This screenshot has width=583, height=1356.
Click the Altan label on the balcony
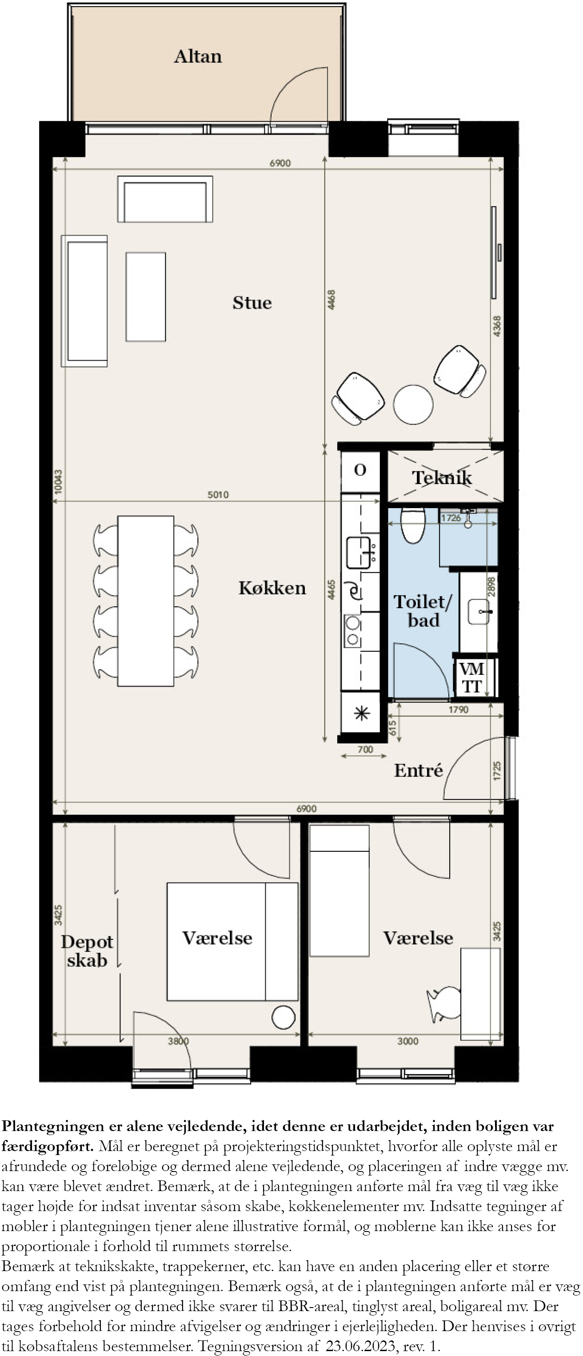point(198,56)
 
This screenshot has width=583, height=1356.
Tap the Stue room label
point(252,303)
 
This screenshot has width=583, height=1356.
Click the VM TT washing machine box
point(471,678)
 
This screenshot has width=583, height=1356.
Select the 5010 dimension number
point(218,495)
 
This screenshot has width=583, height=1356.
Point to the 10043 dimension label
point(58,481)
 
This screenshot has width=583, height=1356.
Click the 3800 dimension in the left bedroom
point(178,1041)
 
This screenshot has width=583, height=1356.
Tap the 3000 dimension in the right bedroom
point(408,1041)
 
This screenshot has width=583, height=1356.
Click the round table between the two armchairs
point(413,404)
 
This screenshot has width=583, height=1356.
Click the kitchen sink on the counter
point(358,553)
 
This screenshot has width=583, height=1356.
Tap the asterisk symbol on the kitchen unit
point(361,713)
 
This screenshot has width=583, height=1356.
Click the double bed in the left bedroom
point(232,941)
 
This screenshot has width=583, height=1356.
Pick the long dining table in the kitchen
point(146,601)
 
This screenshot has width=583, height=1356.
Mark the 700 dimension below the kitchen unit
point(365,749)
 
